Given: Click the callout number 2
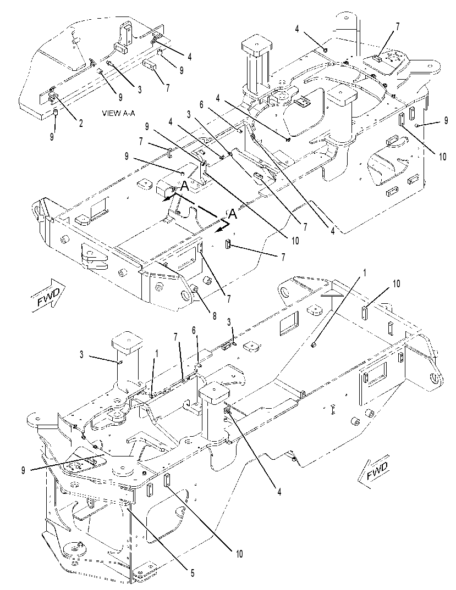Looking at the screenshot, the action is pos(81,123).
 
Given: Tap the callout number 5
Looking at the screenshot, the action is pos(193,573).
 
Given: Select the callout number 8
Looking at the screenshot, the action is pos(214,316).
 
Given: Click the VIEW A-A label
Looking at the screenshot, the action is pos(118,113).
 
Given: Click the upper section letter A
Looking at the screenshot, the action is pos(184,185).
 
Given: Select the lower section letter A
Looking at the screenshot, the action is pos(233,214).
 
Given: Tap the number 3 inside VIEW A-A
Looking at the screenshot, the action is pos(140,89).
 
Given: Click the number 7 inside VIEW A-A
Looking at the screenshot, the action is pos(168,88).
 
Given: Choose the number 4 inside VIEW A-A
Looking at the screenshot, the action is pos(190,57).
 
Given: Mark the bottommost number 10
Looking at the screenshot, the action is pos(239,554).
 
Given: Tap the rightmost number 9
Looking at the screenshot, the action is pos(446,121).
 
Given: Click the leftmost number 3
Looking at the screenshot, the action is pos(81,354).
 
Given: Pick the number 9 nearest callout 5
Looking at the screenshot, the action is pos(23,470).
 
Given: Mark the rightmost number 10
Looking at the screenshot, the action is pos(443,156).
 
